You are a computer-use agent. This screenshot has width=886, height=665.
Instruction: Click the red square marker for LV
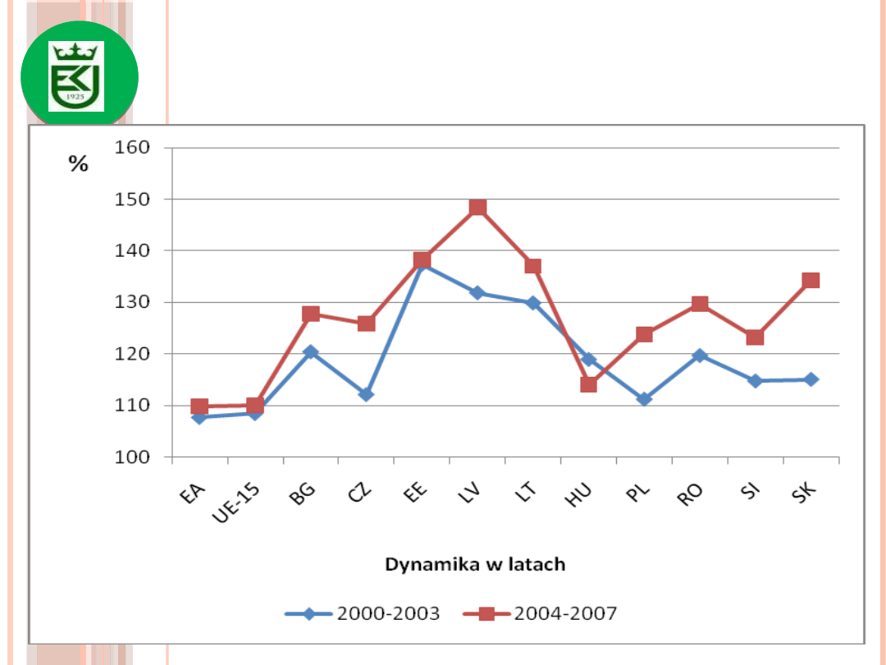[477, 207]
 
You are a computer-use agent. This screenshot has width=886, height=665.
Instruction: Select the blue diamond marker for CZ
[366, 394]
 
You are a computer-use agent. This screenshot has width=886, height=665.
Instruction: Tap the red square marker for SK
[811, 281]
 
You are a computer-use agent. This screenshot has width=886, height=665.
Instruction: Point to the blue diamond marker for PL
[644, 399]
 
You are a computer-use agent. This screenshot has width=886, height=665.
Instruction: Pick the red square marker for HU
[588, 384]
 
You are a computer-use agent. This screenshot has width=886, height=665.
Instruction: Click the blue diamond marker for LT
[532, 303]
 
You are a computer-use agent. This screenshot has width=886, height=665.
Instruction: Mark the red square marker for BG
[310, 314]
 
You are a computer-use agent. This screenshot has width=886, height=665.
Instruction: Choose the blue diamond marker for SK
[811, 379]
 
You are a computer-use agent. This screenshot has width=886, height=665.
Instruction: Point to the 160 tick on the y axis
[135, 148]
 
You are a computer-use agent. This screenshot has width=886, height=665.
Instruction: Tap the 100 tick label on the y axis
[135, 457]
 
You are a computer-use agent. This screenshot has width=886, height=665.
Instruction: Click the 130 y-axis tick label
[135, 302]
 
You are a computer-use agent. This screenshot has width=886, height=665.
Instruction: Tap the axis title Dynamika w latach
[475, 565]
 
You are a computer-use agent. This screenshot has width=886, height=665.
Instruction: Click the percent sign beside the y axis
[78, 164]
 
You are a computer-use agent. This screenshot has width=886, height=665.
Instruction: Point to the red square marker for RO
[699, 305]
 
